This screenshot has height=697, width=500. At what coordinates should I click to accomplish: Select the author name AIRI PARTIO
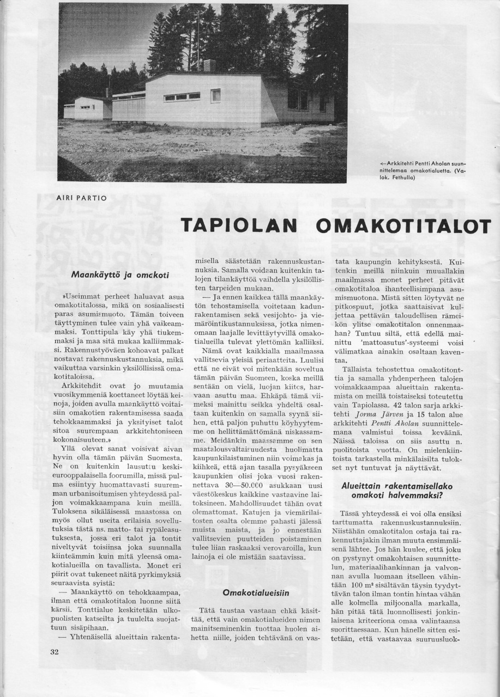pos(82,198)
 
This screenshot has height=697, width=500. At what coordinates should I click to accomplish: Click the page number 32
pos(54,652)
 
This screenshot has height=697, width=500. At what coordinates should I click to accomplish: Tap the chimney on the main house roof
pos(209,65)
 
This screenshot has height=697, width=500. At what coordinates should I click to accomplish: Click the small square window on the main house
pos(216,96)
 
